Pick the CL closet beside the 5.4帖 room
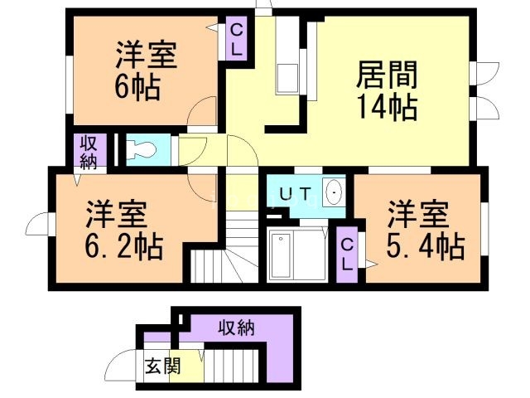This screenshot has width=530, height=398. pyautogui.click(x=347, y=255)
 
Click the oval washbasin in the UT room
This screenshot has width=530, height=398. pyautogui.click(x=335, y=193)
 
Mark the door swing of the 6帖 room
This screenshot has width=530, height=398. pyautogui.click(x=201, y=118)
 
